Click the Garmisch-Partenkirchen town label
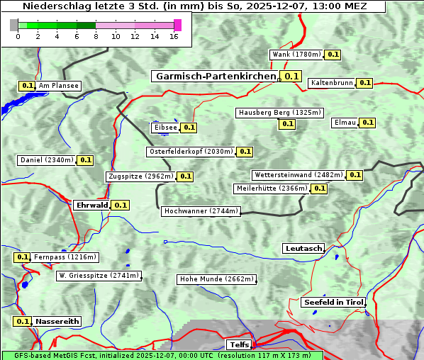(215, 76)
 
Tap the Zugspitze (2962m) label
(140, 176)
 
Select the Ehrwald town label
(92, 205)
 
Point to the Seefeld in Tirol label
(333, 302)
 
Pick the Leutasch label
(303, 248)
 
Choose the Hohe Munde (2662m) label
(216, 279)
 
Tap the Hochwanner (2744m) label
(201, 211)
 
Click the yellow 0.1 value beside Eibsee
(189, 128)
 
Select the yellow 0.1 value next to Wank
(333, 55)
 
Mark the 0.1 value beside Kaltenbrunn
(364, 83)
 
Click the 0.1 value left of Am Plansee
(27, 86)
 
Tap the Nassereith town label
(57, 321)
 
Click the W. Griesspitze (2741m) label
(99, 276)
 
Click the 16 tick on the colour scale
(174, 36)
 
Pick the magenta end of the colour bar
(177, 25)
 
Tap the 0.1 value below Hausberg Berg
(286, 124)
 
